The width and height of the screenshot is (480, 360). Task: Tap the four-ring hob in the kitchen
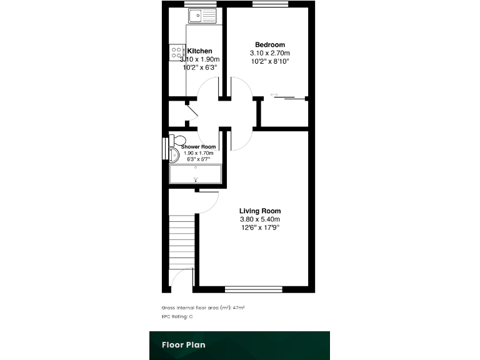pyautogui.click(x=176, y=52)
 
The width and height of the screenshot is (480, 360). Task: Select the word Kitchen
pyautogui.click(x=199, y=51)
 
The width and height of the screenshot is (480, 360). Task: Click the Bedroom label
pyautogui.click(x=269, y=44)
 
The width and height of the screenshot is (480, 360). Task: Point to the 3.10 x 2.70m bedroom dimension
pyautogui.click(x=269, y=53)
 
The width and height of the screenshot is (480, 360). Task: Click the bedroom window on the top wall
pyautogui.click(x=270, y=4)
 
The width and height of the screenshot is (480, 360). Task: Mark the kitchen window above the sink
pyautogui.click(x=199, y=4)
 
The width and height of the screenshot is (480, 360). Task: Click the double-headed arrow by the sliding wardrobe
pyautogui.click(x=274, y=95)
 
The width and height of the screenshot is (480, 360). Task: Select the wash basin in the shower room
pyautogui.click(x=174, y=154)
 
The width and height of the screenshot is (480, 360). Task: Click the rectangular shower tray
pyautogui.click(x=196, y=174)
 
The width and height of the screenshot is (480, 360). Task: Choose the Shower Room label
pyautogui.click(x=198, y=147)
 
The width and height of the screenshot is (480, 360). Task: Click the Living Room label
pyautogui.click(x=260, y=211)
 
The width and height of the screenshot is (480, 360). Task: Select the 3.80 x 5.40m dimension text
pyautogui.click(x=260, y=219)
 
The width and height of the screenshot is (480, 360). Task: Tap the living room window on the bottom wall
pyautogui.click(x=253, y=289)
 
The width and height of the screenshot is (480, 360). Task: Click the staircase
pyautogui.click(x=182, y=241)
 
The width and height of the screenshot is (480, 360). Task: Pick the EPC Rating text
pyautogui.click(x=177, y=317)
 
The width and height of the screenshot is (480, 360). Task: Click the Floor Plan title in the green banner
pyautogui.click(x=183, y=344)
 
